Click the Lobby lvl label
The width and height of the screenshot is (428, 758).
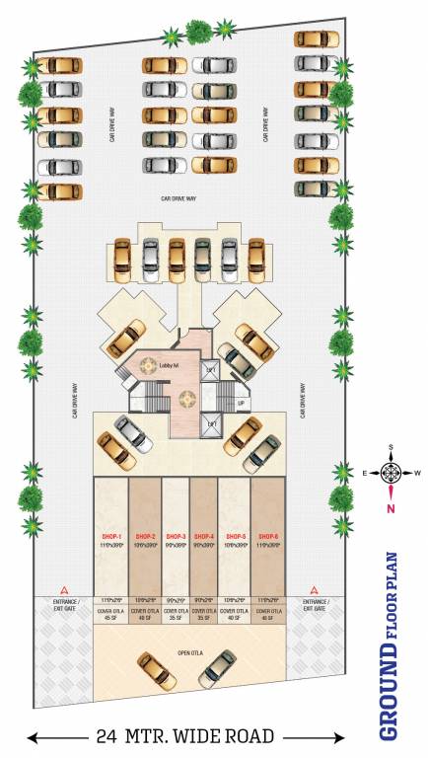click(x=168, y=367)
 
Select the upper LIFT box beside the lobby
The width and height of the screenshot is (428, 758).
click(x=212, y=369)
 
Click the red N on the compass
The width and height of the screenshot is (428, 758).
click(x=391, y=508)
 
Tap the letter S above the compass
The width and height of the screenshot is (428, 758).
click(x=391, y=447)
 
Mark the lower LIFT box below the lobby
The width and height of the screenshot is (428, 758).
click(x=212, y=423)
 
